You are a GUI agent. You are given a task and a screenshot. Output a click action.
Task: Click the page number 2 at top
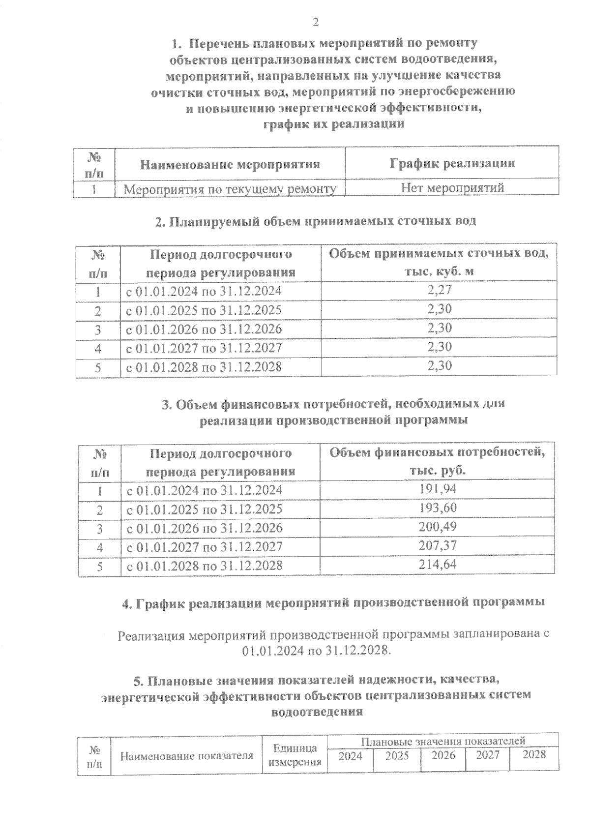[x=315, y=22]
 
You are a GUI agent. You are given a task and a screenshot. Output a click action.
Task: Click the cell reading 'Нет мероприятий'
[x=452, y=187]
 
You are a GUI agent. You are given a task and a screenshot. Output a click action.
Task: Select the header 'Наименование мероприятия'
[x=230, y=164]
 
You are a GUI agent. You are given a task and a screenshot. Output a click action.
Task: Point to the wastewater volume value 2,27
[x=439, y=290]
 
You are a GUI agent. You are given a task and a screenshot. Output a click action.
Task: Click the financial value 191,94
[x=438, y=489]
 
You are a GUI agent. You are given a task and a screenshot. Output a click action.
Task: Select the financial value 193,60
[x=438, y=507]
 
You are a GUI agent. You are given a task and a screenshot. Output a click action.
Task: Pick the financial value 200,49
[x=438, y=527]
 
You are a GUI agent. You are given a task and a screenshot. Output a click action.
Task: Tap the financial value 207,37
[x=438, y=545]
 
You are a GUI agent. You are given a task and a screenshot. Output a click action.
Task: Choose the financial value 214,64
[x=438, y=564]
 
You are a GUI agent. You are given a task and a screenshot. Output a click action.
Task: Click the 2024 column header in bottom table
[x=350, y=756]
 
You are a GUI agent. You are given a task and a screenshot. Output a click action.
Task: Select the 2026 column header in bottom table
[x=443, y=755]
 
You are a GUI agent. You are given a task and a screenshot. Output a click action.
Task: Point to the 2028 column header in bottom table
[x=534, y=754]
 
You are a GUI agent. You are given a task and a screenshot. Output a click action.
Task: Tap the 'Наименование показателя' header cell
[x=187, y=756]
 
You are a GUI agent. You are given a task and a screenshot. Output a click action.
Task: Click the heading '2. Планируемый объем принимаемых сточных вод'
[x=315, y=221]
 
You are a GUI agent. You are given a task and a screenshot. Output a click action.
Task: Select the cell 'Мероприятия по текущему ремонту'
[x=230, y=188]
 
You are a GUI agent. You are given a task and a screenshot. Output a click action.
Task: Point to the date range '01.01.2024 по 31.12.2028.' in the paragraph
[x=317, y=651]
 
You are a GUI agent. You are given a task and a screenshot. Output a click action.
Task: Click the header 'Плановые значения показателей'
[x=443, y=741]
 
